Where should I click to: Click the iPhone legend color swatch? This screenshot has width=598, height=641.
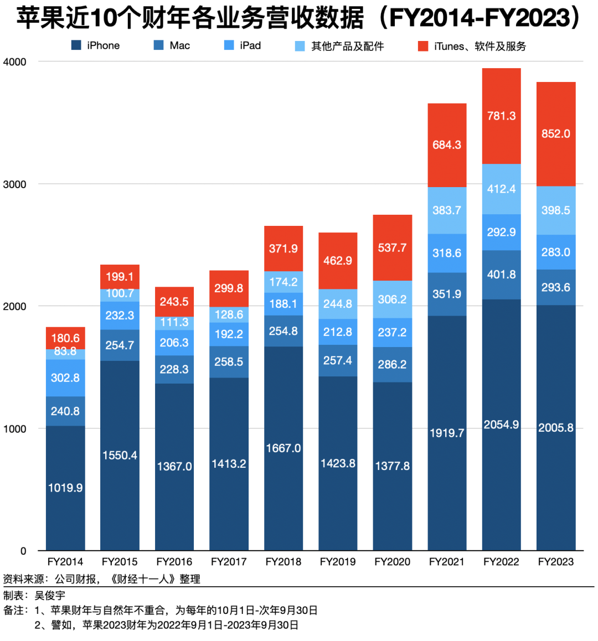76,45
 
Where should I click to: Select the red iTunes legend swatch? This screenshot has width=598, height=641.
423,46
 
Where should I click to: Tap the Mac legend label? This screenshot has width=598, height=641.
180,45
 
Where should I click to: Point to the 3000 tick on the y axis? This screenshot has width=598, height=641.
15,184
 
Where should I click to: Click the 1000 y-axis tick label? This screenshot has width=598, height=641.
15,429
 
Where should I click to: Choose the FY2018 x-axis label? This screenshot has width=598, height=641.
283,562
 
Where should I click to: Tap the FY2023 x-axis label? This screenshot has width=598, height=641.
556,562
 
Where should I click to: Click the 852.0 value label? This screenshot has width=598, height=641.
556,134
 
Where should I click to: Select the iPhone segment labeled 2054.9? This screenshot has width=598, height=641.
502,425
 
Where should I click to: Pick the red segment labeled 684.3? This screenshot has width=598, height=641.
447,145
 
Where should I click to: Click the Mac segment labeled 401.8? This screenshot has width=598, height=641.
502,275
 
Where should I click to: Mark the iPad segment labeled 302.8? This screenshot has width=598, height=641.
65,378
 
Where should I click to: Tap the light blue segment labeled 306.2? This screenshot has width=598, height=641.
393,299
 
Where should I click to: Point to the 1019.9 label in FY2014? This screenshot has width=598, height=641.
65,488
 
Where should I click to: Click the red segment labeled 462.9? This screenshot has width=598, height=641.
338,261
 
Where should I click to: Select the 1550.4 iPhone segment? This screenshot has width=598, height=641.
120,455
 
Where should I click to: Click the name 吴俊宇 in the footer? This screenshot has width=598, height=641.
50,596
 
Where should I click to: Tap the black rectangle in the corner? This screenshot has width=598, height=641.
554,616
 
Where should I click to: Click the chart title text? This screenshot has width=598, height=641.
299,18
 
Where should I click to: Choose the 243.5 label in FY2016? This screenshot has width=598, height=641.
174,302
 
